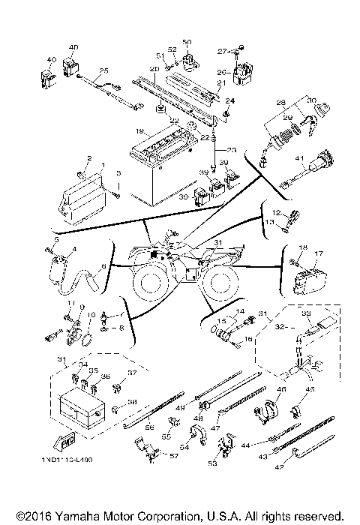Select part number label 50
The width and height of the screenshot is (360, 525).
(187, 42)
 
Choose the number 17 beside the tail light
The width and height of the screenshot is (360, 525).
(318, 253)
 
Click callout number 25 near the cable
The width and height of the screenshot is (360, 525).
(103, 70)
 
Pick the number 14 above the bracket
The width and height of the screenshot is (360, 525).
(241, 311)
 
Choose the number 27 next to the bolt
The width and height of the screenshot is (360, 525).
(221, 51)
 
